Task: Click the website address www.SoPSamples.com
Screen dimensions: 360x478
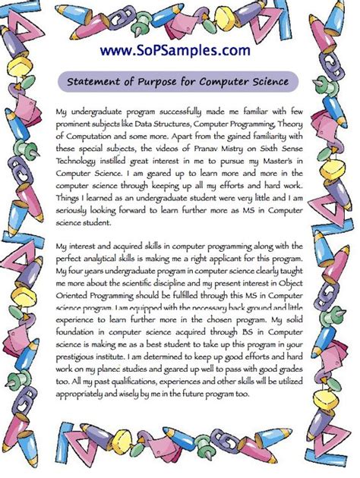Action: pos(180,50)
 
